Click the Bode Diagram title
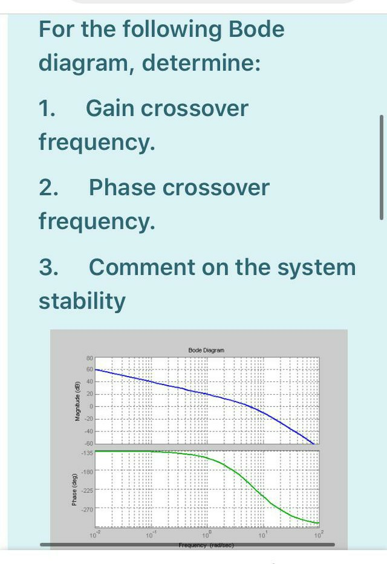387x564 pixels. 206,350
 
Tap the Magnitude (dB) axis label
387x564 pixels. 77,401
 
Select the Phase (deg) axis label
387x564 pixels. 75,488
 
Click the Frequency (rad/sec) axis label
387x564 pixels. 206,545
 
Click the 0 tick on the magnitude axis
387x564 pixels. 90,406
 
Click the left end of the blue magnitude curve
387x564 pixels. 97,369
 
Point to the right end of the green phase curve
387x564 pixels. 318,522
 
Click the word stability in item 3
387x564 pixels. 82,300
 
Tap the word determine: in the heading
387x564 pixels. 202,62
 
